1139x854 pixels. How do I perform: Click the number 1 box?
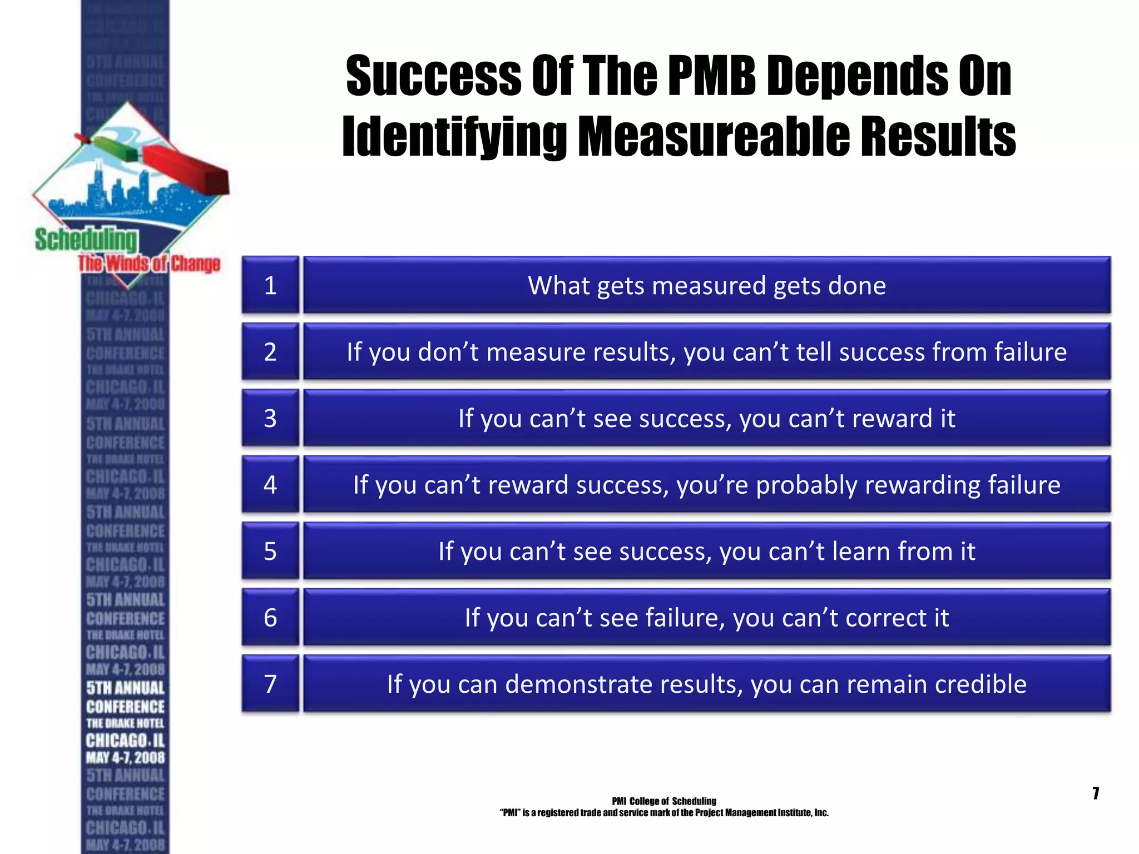270,285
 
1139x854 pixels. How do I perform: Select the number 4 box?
270,484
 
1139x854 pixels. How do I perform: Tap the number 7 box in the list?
270,684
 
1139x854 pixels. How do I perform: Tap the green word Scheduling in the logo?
86,240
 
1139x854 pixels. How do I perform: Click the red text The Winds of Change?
149,264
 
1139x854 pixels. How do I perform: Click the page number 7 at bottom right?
1096,793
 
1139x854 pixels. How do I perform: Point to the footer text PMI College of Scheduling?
664,801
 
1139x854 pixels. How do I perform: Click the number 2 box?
270,352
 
